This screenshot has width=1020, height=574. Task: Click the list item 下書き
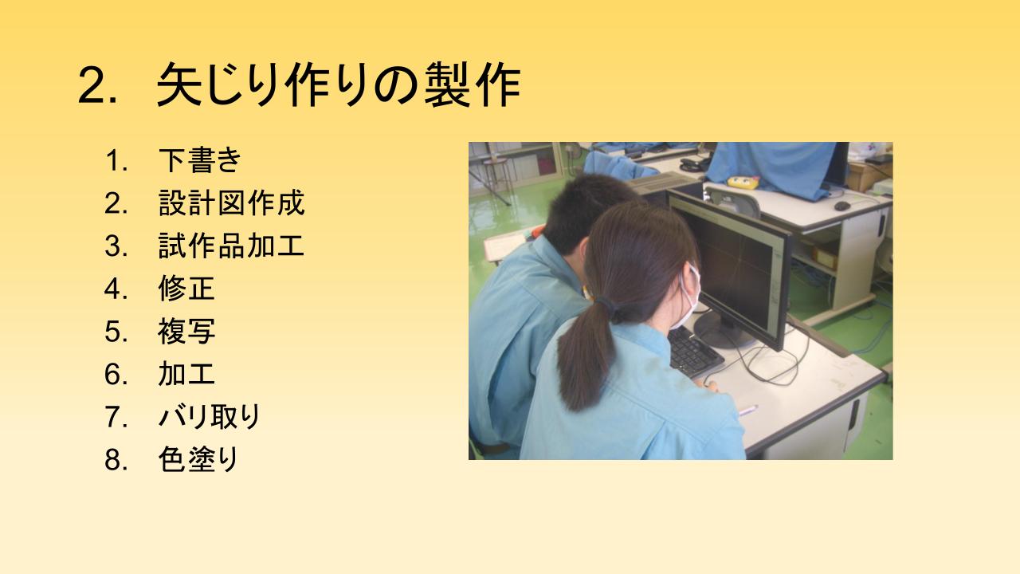tap(199, 160)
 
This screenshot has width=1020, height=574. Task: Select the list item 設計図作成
tap(231, 202)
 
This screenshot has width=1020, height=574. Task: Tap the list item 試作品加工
tap(231, 246)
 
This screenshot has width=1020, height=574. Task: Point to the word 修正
tap(186, 289)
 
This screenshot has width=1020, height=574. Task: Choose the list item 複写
tap(186, 331)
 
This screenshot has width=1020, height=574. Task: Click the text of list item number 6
tap(186, 374)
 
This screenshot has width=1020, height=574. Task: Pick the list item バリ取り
tap(209, 416)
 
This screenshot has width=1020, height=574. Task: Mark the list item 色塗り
tap(198, 459)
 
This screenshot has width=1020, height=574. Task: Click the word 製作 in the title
tap(473, 85)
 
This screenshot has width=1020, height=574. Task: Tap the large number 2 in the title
tap(94, 86)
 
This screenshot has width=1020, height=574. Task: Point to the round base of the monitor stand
tap(724, 329)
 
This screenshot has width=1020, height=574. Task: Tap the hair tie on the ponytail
tap(606, 304)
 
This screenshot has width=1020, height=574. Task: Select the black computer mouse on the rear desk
tap(842, 206)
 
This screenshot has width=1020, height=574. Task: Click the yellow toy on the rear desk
tap(743, 182)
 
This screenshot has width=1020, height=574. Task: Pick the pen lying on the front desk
tap(747, 410)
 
